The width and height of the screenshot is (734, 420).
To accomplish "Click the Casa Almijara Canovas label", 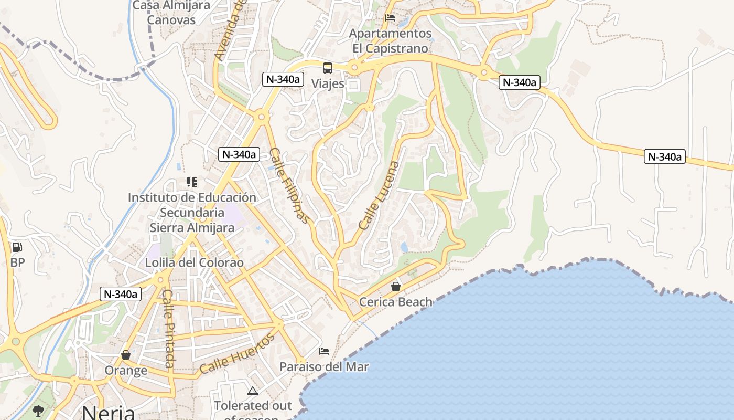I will (171, 13).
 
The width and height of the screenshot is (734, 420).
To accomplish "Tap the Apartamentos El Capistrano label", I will (391, 40).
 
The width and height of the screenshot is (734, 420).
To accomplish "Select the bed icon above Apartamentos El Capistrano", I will (390, 17).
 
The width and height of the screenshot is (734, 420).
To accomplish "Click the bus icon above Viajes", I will (328, 68).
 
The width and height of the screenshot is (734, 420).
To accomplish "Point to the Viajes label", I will (328, 83).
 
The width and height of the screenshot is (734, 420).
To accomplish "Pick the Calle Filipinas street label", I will (289, 185).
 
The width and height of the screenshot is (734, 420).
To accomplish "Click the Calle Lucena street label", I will (379, 195).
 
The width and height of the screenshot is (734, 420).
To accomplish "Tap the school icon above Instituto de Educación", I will (192, 182).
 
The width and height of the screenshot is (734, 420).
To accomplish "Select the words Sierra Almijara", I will (192, 227).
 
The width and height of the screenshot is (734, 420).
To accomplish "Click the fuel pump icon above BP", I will (17, 247).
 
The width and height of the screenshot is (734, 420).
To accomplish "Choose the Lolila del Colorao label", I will (195, 262).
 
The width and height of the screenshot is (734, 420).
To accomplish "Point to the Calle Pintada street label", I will (168, 329).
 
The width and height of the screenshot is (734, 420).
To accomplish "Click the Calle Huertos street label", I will (237, 354).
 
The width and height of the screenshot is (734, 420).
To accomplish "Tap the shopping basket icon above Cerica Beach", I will (396, 287).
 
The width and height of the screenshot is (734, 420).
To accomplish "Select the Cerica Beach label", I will (396, 302).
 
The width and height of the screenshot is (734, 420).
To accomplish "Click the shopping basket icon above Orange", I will (126, 355).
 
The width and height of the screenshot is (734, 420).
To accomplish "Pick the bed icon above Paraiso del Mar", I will (324, 351).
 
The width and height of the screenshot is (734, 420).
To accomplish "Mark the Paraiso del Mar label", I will (324, 366).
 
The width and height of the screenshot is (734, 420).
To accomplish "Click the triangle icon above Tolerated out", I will (253, 391).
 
